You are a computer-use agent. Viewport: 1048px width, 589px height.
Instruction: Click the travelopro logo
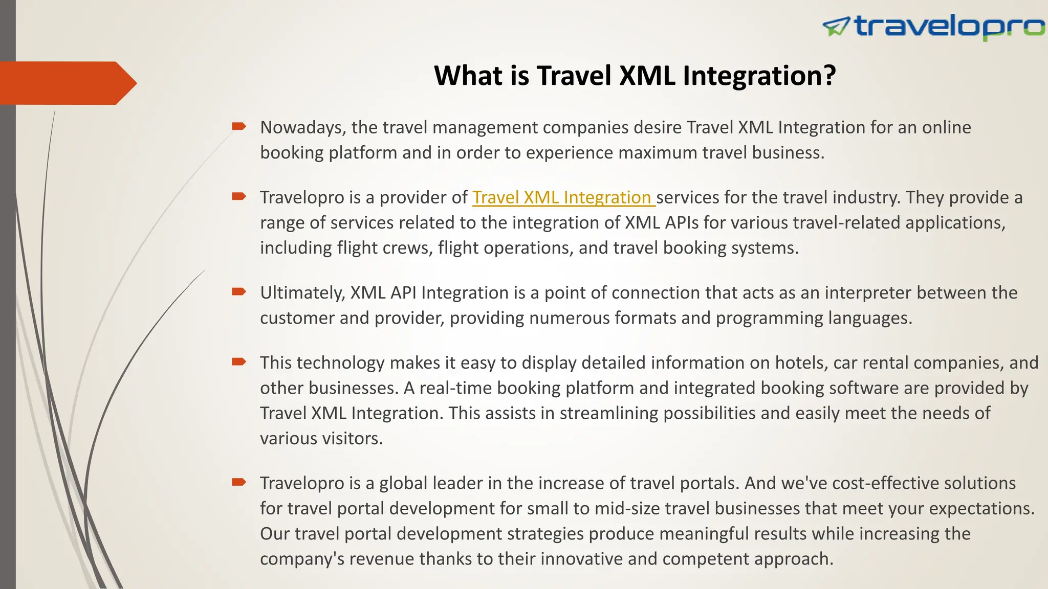point(933,27)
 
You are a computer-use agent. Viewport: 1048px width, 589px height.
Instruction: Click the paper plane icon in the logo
point(836,27)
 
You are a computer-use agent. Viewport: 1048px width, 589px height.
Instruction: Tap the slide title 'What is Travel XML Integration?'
point(635,76)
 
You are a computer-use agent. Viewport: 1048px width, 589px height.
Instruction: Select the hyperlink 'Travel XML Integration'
point(563,197)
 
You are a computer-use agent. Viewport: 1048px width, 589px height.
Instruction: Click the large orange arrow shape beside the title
point(67,83)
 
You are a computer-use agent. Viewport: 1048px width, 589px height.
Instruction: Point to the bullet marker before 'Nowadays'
point(239,126)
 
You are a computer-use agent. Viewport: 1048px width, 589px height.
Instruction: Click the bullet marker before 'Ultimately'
point(239,291)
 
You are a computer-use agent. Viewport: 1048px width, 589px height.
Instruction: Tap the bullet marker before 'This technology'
point(239,361)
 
